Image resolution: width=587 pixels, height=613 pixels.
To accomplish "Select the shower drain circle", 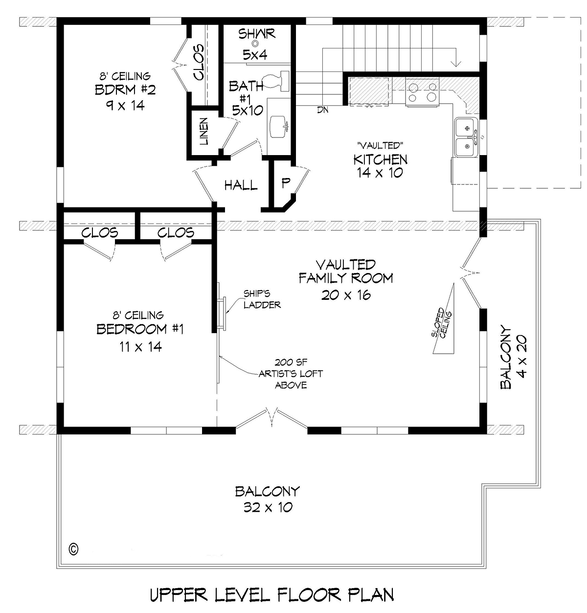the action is (x=255, y=43).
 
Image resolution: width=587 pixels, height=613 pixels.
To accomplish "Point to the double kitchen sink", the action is (x=466, y=137).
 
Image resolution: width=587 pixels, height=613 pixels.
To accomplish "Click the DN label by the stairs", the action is (x=323, y=110).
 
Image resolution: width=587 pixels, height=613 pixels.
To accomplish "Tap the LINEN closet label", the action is (x=204, y=131).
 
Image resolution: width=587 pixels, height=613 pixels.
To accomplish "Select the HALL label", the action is (x=241, y=185).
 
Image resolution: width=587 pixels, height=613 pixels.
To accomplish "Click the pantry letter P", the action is (x=285, y=183).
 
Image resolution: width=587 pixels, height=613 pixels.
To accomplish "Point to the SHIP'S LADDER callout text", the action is (x=262, y=299).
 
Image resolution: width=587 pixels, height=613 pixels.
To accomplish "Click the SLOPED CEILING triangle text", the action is (x=442, y=323).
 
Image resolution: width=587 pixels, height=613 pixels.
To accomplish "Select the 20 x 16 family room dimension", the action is (x=346, y=295).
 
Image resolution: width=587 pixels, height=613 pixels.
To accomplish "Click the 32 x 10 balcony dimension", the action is (x=268, y=507).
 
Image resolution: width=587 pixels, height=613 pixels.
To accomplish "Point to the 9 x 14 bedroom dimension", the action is (x=125, y=105).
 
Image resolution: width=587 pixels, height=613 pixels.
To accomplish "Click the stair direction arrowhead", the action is (x=456, y=63).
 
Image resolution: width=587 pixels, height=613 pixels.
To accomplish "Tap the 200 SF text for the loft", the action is (x=291, y=362).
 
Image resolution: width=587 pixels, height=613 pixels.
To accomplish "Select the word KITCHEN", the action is (x=381, y=159).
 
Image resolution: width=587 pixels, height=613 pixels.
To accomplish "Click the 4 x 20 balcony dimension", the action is (x=521, y=357).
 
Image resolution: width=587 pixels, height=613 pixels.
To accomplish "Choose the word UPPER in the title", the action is (x=179, y=595).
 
